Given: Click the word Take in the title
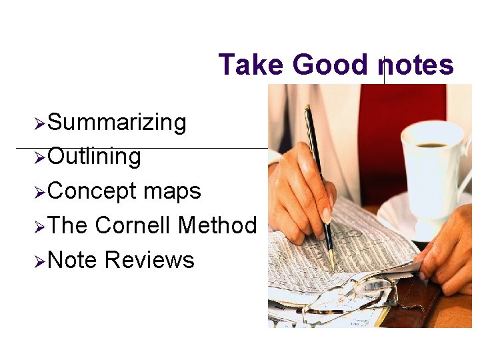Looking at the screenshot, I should click(x=251, y=65).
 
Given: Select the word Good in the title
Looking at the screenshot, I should click(x=330, y=65).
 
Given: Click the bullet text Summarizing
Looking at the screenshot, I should click(x=117, y=123).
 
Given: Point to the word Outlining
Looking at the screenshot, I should click(x=95, y=157).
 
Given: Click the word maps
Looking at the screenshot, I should click(x=172, y=191).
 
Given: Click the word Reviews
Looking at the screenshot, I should click(x=149, y=259).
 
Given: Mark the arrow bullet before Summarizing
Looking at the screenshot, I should click(x=39, y=123).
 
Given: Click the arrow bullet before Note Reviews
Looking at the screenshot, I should click(x=39, y=261).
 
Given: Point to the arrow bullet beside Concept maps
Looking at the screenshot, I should click(x=39, y=192).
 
